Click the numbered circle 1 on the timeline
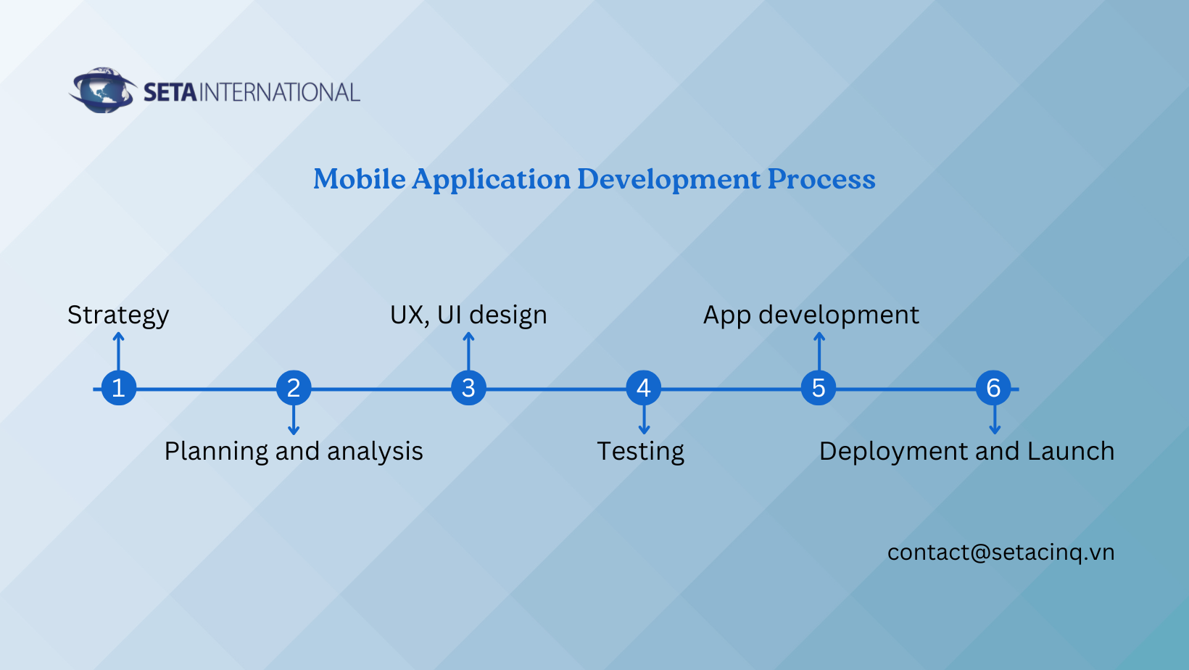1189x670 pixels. click(x=118, y=388)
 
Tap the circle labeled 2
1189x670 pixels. click(x=294, y=388)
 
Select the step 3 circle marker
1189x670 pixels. click(x=468, y=388)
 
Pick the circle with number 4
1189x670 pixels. click(x=643, y=388)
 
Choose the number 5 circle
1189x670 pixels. click(x=819, y=388)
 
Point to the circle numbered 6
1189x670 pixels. click(x=993, y=388)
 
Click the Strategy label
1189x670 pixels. click(x=118, y=315)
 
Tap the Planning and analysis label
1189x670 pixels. click(x=294, y=451)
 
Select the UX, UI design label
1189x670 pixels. click(x=468, y=315)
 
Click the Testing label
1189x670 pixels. click(x=641, y=451)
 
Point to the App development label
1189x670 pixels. click(x=811, y=315)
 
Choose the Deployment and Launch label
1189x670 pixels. click(x=966, y=451)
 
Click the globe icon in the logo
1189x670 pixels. click(x=102, y=90)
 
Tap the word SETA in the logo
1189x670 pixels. click(x=170, y=92)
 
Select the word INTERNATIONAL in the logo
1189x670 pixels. click(x=279, y=92)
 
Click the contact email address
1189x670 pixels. click(x=1000, y=552)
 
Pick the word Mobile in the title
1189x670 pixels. click(x=360, y=179)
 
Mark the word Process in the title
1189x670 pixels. click(x=821, y=179)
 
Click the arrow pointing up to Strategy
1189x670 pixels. click(x=118, y=352)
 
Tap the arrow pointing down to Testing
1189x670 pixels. click(x=644, y=420)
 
